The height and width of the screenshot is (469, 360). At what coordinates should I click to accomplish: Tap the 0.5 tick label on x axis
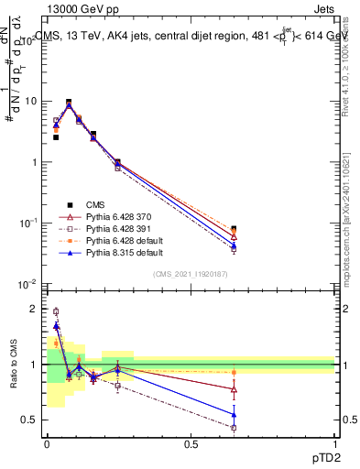tap(191, 444)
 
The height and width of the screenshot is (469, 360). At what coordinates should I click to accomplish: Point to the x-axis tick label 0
tap(47, 444)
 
